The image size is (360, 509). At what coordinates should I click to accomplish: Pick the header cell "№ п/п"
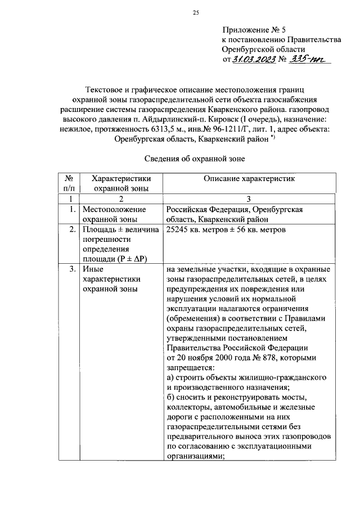pos(71,183)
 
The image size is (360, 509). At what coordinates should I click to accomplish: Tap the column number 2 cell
pos(121,199)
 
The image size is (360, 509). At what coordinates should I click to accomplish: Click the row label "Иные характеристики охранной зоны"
pos(111,279)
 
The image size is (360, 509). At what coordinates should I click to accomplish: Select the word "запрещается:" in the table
pos(191,368)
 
